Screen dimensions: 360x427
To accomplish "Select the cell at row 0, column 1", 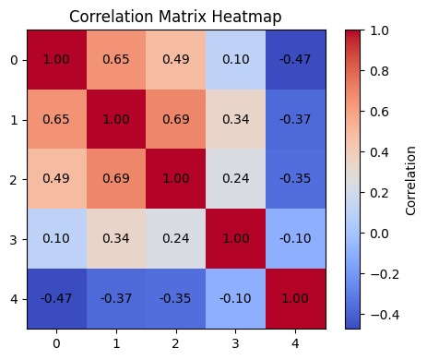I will point(115,59).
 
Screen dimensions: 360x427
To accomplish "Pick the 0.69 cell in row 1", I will point(175,120).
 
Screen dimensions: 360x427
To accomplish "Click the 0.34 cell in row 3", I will point(115,239).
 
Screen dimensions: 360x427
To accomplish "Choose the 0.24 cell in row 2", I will point(235,179).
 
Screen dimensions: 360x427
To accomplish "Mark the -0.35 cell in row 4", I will point(175,299).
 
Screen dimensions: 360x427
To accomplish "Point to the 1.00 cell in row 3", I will point(235,239).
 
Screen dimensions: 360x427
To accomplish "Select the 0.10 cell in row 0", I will point(235,59).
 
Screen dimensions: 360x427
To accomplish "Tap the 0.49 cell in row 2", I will point(56,179).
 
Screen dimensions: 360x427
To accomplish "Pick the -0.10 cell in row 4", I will point(235,299).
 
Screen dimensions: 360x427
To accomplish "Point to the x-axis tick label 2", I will point(175,343).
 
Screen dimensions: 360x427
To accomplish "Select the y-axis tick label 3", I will point(13,239).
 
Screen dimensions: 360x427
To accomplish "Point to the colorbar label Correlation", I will point(411,179).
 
